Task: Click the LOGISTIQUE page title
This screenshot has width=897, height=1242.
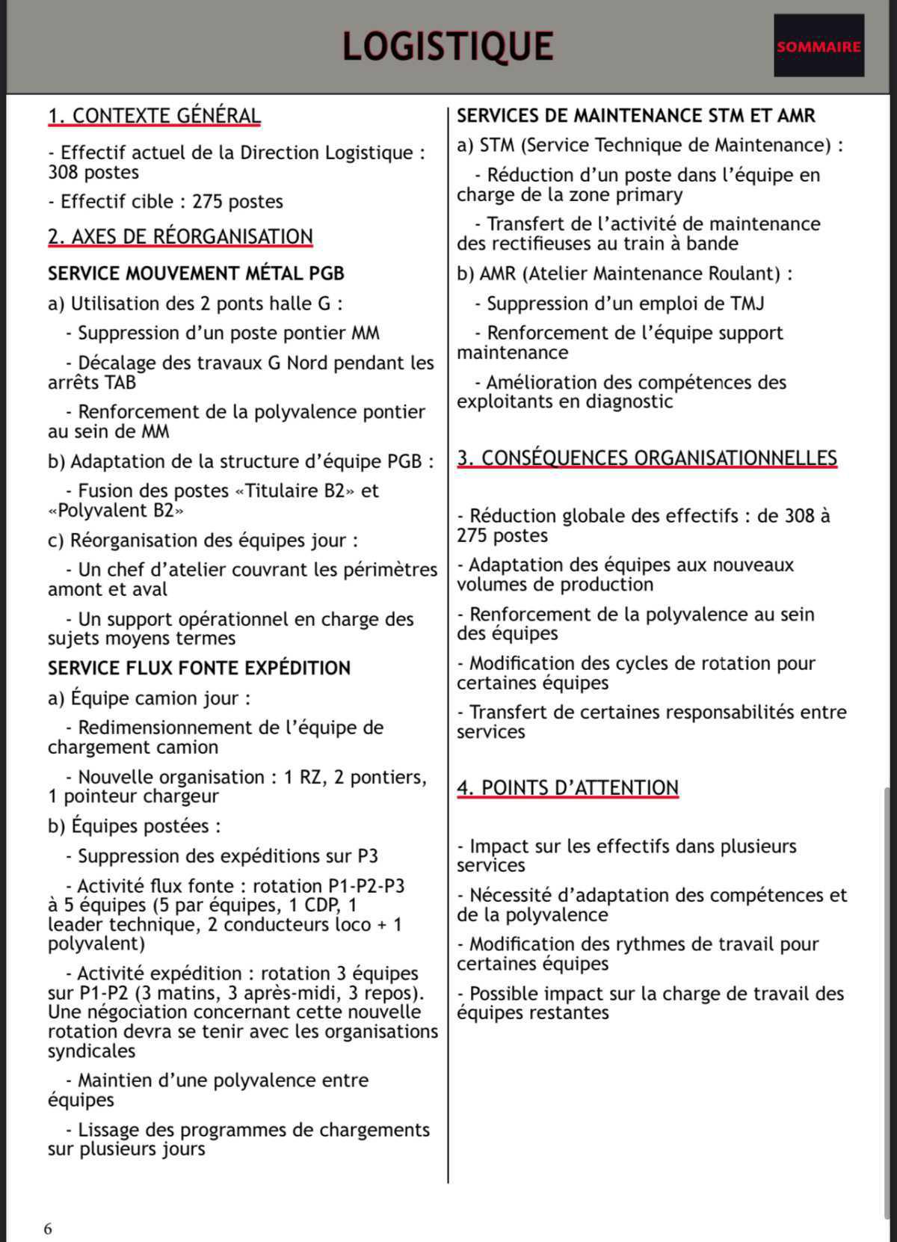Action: point(448,46)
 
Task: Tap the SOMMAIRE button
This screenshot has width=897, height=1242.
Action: point(819,46)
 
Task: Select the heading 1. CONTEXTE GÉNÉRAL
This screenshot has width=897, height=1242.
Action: point(154,116)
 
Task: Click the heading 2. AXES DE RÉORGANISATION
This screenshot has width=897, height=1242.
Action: point(180,236)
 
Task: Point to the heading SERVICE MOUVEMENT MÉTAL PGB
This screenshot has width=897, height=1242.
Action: point(196,274)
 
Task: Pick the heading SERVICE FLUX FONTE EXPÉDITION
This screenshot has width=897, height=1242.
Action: point(199,668)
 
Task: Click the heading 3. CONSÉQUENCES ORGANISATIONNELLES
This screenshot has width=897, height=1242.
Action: point(647,458)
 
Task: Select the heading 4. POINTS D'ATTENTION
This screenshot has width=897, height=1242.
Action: point(567,787)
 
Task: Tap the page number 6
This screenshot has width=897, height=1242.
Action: point(48,1229)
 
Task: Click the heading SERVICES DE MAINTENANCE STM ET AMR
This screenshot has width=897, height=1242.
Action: point(635,116)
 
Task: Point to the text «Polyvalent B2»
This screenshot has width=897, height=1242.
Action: point(116,511)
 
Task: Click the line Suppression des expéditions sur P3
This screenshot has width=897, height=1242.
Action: point(228,856)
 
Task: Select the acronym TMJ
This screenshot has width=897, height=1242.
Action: point(747,304)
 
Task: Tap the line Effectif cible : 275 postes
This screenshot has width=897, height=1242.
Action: point(166,202)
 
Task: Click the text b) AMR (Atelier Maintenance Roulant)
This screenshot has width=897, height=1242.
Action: point(624,274)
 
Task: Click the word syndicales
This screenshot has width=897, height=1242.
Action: point(92,1051)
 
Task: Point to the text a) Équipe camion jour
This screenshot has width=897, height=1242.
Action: point(148,698)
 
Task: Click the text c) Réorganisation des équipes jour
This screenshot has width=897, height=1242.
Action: point(203,541)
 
